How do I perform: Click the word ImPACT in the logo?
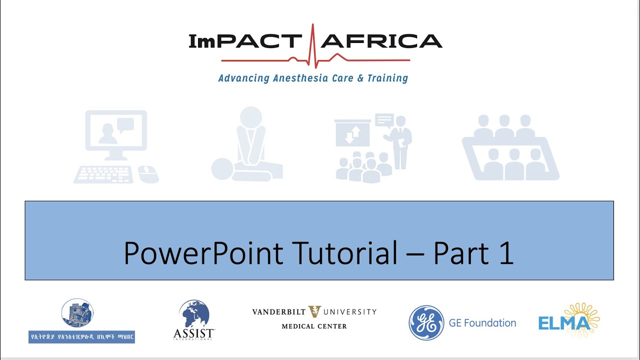pos(245,41)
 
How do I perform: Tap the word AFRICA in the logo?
pos(381,41)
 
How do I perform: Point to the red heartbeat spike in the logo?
pos(313,45)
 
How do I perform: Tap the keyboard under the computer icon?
pos(103,174)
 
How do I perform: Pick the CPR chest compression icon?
pos(247,145)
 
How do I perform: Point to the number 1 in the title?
pos(506,253)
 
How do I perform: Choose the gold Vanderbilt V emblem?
pos(314,311)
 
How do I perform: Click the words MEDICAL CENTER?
pos(314,326)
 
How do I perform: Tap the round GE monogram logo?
pos(426,322)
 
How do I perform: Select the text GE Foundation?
pos(482,323)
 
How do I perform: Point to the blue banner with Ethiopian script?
pos(81,336)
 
